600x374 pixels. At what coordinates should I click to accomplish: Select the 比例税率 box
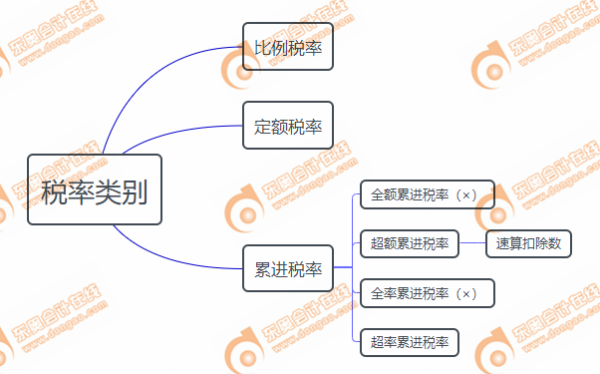[x=288, y=47]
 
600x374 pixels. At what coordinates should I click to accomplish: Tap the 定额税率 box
[x=288, y=126]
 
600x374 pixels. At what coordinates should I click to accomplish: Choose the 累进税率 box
[x=288, y=268]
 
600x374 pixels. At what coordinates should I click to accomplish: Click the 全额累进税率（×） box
[x=427, y=193]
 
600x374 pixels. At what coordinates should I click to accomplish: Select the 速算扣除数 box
[x=527, y=243]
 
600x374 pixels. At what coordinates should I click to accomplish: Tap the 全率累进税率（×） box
[x=427, y=293]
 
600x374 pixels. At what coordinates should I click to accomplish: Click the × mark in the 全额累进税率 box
[x=466, y=193]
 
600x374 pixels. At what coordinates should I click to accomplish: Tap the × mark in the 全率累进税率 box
[x=466, y=293]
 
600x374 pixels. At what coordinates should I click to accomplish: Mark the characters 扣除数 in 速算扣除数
[x=538, y=243]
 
